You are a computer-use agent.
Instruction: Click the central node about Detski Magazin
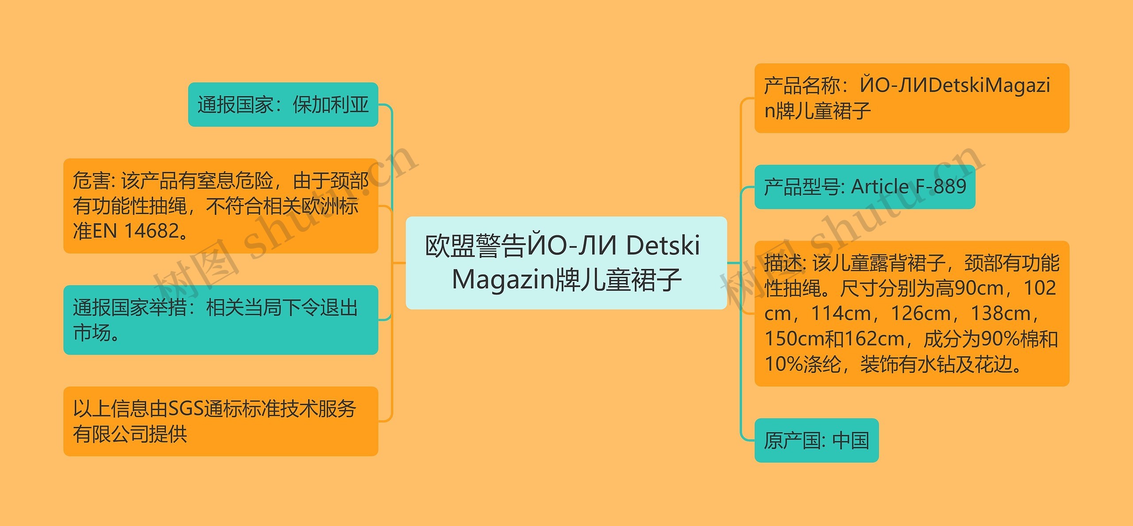click(x=566, y=263)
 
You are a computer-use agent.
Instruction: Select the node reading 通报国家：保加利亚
click(x=283, y=105)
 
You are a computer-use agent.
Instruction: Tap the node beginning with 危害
click(x=220, y=206)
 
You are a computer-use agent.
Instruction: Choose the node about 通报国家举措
click(x=220, y=320)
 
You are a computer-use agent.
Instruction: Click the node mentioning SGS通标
click(x=220, y=421)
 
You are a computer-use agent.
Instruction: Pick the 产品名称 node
click(x=911, y=98)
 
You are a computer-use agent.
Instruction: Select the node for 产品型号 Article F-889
click(x=864, y=187)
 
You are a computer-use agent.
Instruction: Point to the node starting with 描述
click(x=911, y=313)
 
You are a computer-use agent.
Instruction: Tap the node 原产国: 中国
click(x=816, y=441)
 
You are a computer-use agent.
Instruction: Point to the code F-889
click(x=941, y=187)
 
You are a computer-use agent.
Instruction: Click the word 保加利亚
click(x=331, y=105)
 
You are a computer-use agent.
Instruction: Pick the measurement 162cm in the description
click(x=874, y=339)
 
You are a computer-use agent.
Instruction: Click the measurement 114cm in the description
click(x=841, y=314)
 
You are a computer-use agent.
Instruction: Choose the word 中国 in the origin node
click(x=851, y=441)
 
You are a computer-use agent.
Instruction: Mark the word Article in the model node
click(x=880, y=187)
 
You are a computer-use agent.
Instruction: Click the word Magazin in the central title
click(x=503, y=280)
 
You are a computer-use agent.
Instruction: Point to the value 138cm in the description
click(x=1001, y=314)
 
